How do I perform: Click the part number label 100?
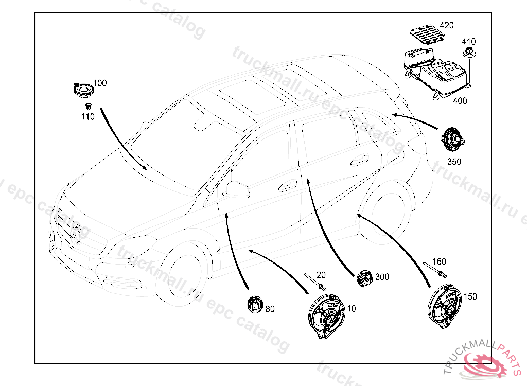pos(100,83)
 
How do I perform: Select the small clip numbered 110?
pos(88,107)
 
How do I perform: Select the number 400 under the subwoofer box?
pos(460,101)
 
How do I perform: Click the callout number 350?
pos(454,162)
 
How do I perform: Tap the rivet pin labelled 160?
pos(434,270)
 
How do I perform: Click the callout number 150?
pos(470,296)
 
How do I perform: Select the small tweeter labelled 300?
pos(365,278)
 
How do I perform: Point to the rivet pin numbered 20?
pos(314,280)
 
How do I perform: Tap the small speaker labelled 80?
pos(255,305)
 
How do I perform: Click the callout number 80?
pos(270,309)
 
